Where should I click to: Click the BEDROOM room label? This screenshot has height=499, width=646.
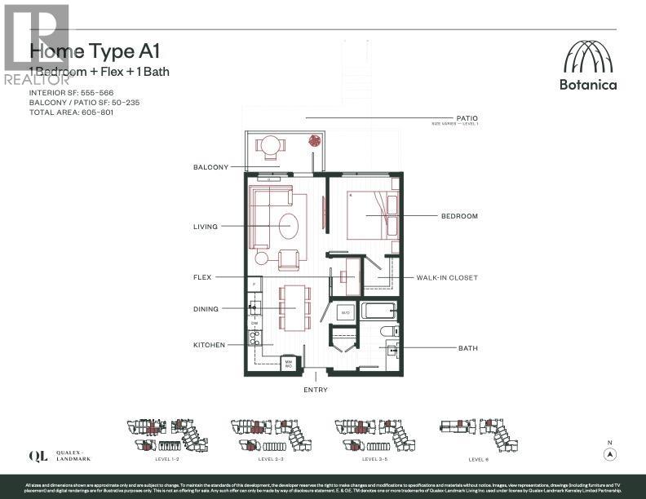[x=459, y=216]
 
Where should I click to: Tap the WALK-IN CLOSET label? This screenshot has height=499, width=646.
[x=446, y=278]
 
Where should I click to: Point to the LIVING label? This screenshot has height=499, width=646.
[x=205, y=227]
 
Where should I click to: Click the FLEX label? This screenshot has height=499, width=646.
[x=202, y=277]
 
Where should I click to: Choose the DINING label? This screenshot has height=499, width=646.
[x=206, y=309]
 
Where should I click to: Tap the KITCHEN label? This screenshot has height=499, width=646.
[x=209, y=345]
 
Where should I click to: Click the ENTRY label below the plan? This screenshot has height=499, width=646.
[x=316, y=390]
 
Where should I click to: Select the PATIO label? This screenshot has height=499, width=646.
[x=467, y=118]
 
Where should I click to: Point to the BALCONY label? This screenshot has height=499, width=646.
[x=210, y=167]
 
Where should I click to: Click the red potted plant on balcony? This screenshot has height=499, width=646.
[x=312, y=140]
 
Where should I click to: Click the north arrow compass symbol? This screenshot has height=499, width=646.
[x=609, y=454]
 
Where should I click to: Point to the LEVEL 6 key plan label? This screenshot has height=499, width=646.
[x=479, y=459]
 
